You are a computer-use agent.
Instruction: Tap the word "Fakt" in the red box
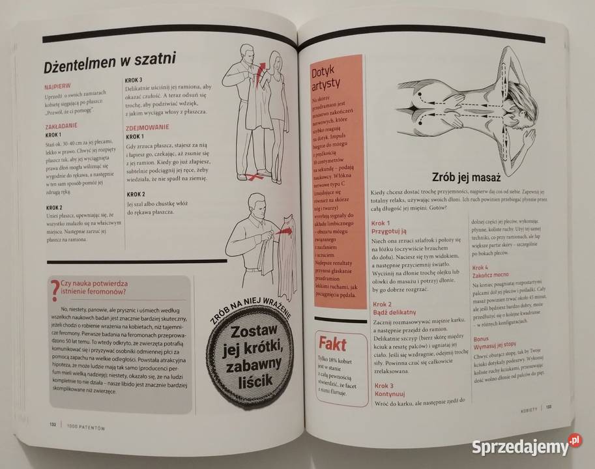tap(332, 344)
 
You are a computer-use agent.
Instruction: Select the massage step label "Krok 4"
tap(480, 268)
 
